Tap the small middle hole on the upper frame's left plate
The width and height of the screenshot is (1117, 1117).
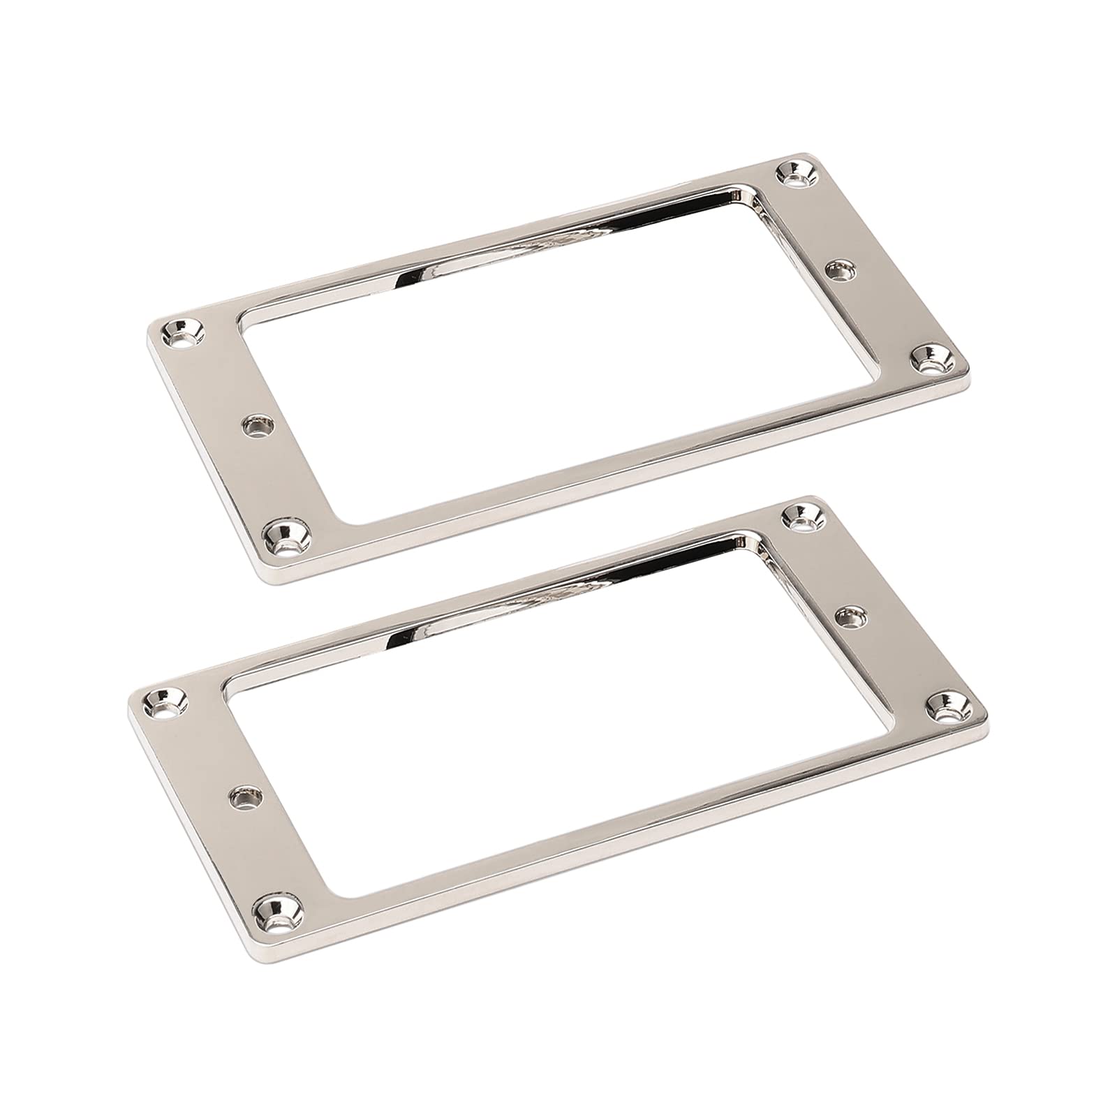pyautogui.click(x=257, y=425)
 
